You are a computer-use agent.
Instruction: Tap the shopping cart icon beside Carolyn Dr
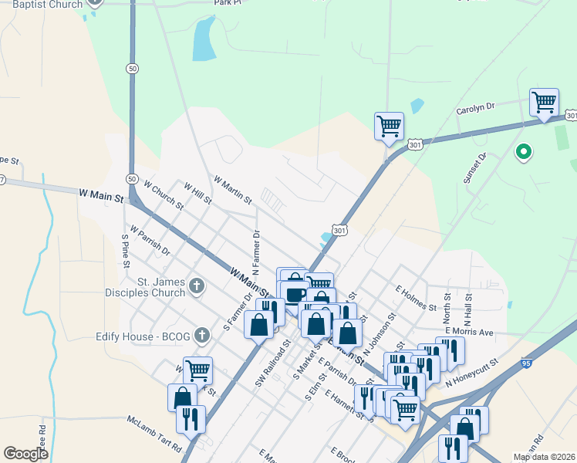(544, 102)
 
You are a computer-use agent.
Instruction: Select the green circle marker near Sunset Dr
(523, 152)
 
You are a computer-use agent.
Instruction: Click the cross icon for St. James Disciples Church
(197, 287)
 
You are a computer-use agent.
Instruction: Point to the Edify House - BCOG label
(147, 335)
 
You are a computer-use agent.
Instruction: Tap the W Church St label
(163, 195)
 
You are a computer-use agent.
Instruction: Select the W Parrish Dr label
(150, 240)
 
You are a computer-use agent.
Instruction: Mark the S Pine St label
(124, 251)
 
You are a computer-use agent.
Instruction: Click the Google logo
(26, 454)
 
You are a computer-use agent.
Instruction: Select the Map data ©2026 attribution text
(544, 457)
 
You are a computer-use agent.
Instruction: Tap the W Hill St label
(197, 192)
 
